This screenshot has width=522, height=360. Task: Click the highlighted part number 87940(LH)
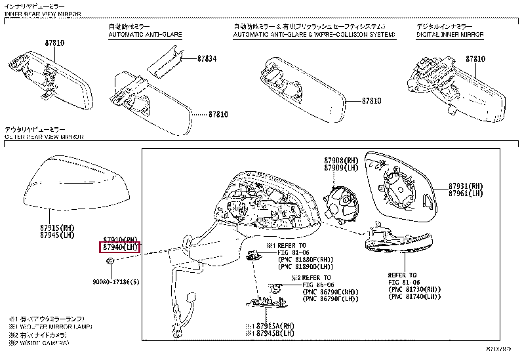pyautogui.click(x=120, y=247)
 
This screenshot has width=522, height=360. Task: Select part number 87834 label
pyautogui.click(x=207, y=58)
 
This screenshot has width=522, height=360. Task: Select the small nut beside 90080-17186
pyautogui.click(x=111, y=262)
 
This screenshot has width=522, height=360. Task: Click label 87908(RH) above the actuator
pyautogui.click(x=340, y=161)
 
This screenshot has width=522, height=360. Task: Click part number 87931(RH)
pyautogui.click(x=465, y=186)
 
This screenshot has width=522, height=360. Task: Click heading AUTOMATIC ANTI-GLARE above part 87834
pyautogui.click(x=145, y=34)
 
